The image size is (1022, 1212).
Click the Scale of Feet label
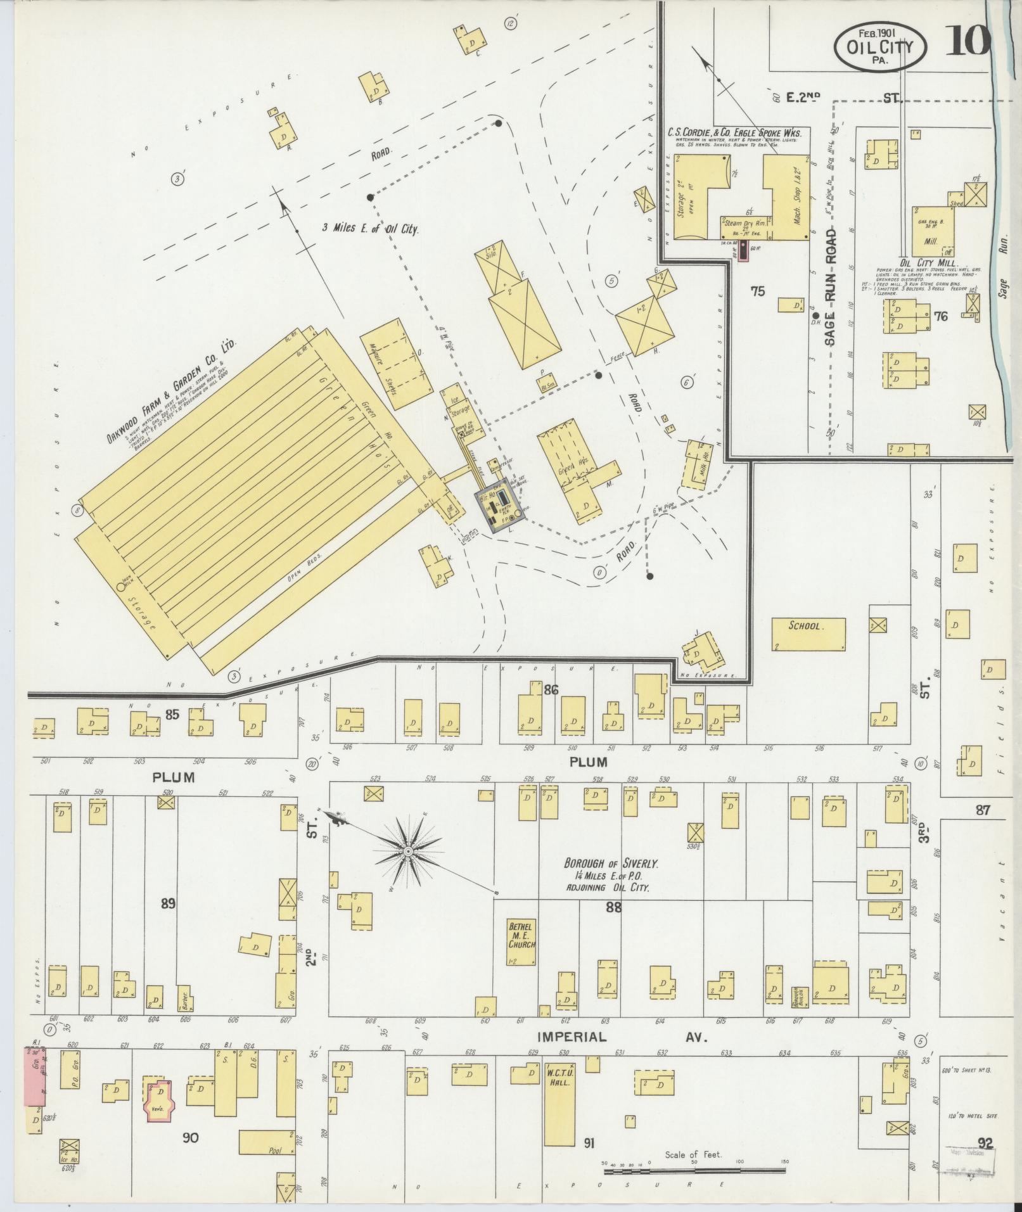pyautogui.click(x=693, y=1155)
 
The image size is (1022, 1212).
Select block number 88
pyautogui.click(x=613, y=907)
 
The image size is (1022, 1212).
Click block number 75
pyautogui.click(x=757, y=291)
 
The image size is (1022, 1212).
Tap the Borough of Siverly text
pyautogui.click(x=611, y=863)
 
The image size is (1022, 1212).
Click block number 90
pyautogui.click(x=190, y=1137)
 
